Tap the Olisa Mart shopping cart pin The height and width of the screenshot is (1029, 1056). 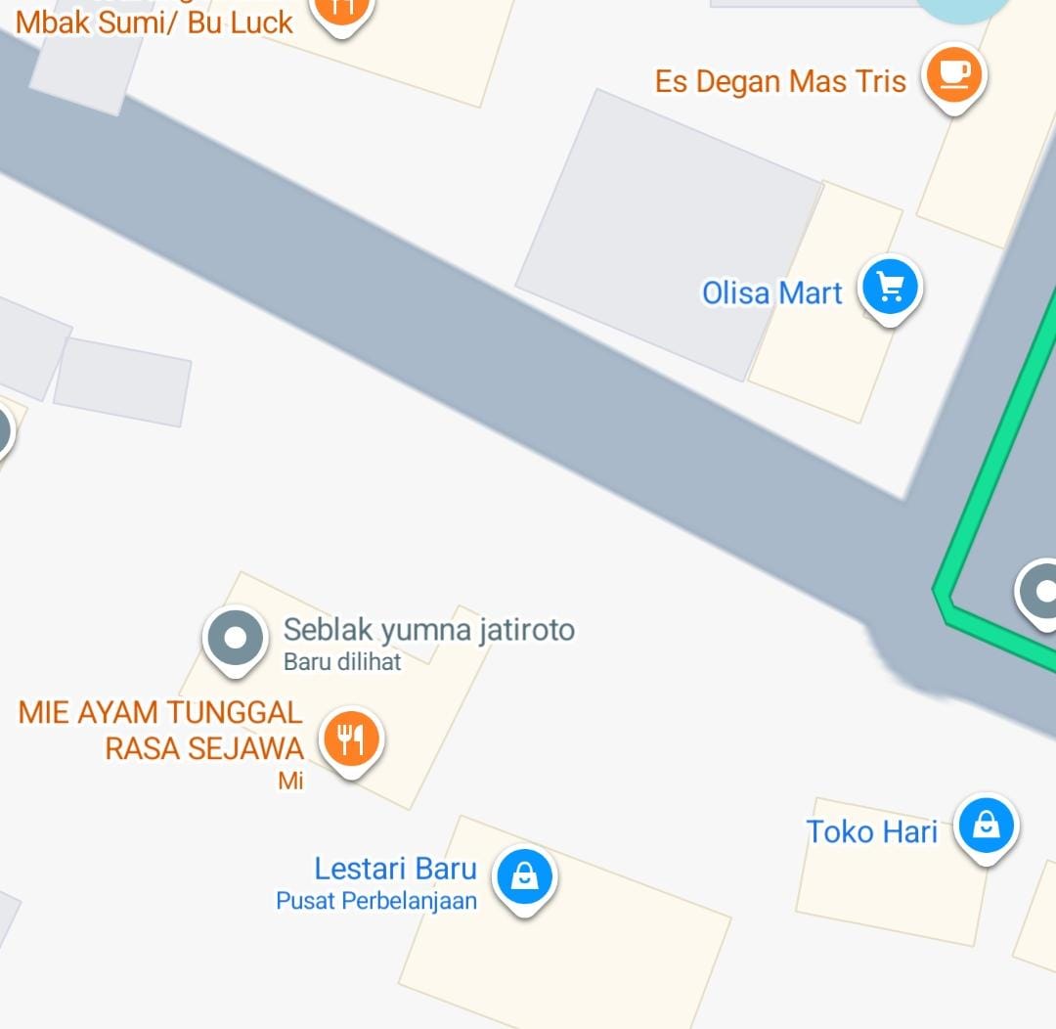pos(890,288)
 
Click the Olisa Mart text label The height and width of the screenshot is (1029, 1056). pos(771,292)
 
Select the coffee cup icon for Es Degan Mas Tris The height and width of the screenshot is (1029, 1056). pos(954,74)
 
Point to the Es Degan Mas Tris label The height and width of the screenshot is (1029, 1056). pos(780,81)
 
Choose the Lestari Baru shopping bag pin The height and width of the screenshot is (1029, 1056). pos(525,876)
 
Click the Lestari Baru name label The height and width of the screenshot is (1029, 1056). pos(395,869)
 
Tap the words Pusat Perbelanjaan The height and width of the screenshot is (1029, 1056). pos(376,901)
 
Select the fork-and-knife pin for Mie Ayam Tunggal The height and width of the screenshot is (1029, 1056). pos(350,738)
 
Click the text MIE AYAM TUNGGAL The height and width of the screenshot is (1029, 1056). pos(160,712)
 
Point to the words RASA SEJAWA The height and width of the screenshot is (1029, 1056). pos(203,748)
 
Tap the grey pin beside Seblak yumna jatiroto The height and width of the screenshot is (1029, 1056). pos(235,639)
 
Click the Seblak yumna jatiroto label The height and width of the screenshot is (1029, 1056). pos(428,630)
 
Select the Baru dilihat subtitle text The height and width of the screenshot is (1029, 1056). pos(342,662)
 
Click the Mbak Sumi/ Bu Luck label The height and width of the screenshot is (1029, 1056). pos(154,22)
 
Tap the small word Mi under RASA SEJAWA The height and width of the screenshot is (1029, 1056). pos(290,781)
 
